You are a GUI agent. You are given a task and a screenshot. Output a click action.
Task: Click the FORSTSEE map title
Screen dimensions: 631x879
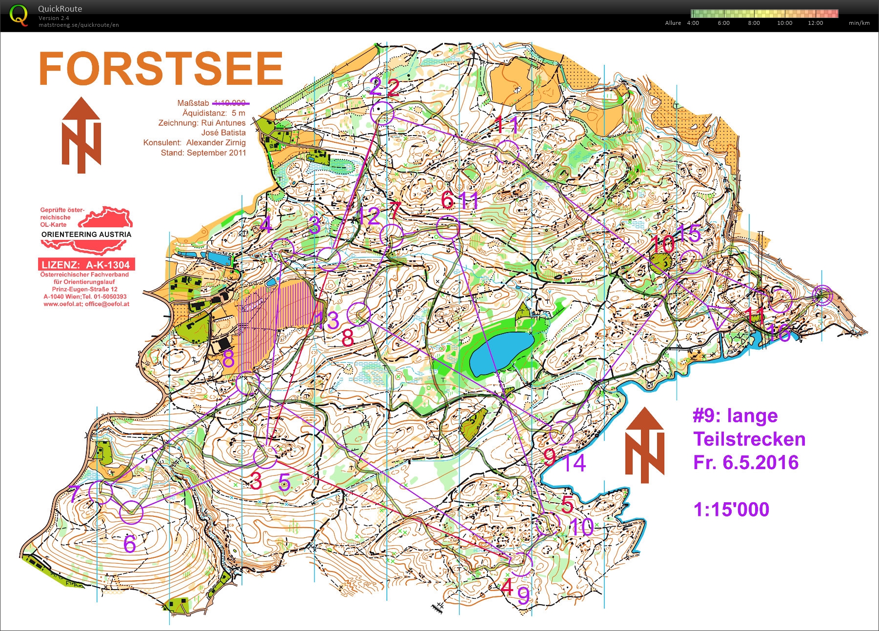tap(161, 69)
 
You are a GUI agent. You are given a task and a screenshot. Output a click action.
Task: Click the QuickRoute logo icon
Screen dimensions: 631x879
tap(19, 16)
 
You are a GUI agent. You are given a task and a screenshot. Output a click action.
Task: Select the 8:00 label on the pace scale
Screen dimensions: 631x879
tap(754, 23)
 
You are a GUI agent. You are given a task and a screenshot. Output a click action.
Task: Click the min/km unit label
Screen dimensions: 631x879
tap(859, 23)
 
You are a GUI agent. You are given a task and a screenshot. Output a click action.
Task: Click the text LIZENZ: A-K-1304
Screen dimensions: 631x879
tap(86, 265)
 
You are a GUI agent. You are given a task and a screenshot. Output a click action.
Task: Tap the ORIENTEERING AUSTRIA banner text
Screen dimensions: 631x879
tap(86, 235)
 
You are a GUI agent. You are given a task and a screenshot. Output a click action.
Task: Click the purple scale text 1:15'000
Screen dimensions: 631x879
tap(731, 510)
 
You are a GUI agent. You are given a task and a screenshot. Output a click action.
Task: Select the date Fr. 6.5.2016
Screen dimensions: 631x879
tap(746, 462)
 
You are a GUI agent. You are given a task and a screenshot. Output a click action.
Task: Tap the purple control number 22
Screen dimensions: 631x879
tap(384, 87)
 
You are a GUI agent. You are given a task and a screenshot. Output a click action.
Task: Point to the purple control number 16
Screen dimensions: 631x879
tap(779, 334)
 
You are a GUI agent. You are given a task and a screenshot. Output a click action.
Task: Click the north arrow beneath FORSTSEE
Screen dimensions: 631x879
tap(81, 136)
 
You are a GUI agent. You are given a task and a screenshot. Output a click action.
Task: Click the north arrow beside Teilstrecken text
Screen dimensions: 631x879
tap(644, 445)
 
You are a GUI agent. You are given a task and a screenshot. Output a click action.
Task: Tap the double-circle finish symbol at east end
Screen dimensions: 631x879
tap(823, 295)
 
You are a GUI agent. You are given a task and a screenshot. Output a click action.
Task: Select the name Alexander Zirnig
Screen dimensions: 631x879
tap(216, 142)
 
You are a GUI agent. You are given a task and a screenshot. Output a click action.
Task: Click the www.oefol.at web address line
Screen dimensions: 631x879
tap(86, 304)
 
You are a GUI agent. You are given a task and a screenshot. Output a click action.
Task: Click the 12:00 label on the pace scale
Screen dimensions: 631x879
tap(815, 23)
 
